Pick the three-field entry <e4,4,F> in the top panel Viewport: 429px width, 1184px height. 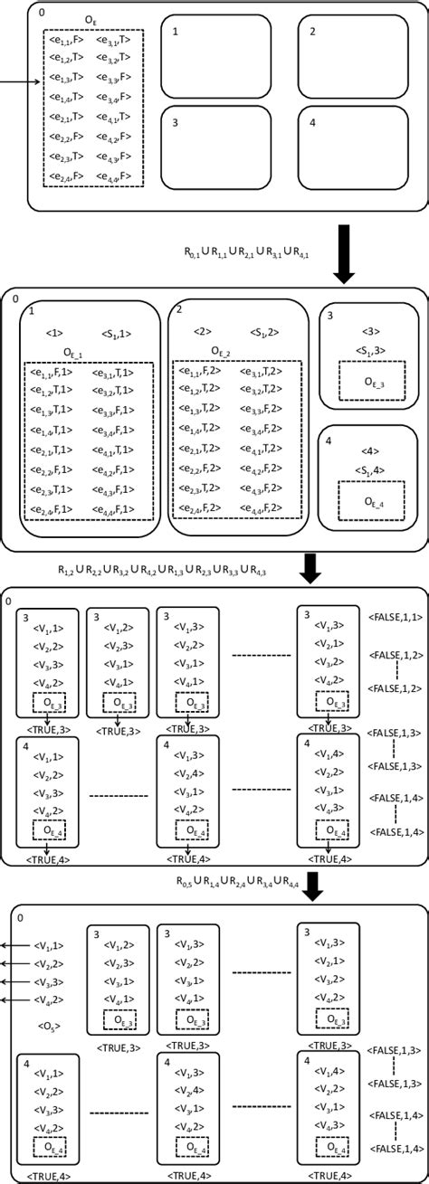point(113,176)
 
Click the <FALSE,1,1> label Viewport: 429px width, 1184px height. point(395,617)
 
